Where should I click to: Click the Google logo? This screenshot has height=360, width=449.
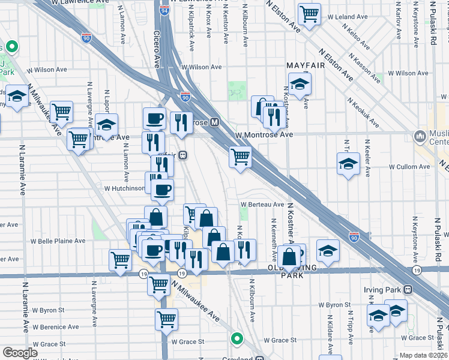(x=20, y=352)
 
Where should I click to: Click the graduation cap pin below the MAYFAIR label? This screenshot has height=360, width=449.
(x=300, y=83)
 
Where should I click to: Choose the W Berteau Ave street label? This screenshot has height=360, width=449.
(x=262, y=204)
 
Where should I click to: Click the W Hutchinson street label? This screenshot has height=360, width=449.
(x=125, y=188)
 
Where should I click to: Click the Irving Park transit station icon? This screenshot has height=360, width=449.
(x=408, y=290)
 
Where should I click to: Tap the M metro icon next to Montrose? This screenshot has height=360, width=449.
(x=214, y=122)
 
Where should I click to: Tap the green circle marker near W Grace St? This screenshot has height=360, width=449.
(x=238, y=339)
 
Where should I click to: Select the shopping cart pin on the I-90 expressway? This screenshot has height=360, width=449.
(x=240, y=157)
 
